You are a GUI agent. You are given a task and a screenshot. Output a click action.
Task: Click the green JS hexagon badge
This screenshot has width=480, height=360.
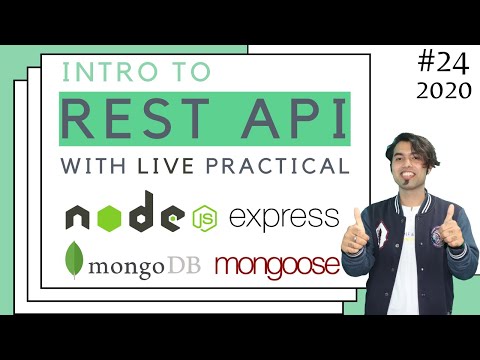pyautogui.click(x=206, y=216)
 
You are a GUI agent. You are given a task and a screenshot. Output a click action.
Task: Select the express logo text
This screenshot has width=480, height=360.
pyautogui.click(x=283, y=216)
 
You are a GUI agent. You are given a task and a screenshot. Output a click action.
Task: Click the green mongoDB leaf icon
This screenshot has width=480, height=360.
pyautogui.click(x=74, y=261)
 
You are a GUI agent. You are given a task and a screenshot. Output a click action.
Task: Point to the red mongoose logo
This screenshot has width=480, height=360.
pyautogui.click(x=277, y=266)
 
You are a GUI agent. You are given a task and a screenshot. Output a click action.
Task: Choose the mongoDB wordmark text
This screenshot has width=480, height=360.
pyautogui.click(x=141, y=266)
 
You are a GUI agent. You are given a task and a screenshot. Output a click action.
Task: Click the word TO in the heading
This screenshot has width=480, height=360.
pyautogui.click(x=188, y=74)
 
